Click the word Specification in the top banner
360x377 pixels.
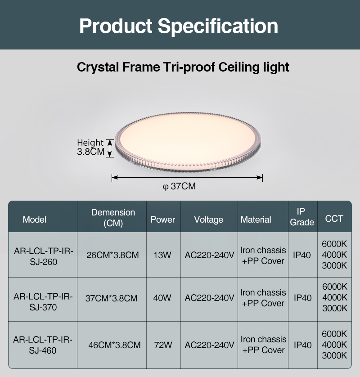pyautogui.click(x=218, y=27)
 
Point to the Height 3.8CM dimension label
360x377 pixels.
pyautogui.click(x=90, y=147)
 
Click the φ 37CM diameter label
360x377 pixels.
pyautogui.click(x=179, y=186)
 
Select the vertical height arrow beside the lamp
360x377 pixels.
pyautogui.click(x=110, y=148)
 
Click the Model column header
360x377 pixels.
pyautogui.click(x=34, y=220)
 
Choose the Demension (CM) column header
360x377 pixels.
pyautogui.click(x=113, y=218)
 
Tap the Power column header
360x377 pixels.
pyautogui.click(x=163, y=220)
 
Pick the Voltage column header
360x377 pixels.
pyautogui.click(x=209, y=220)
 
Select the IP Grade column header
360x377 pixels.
pyautogui.click(x=302, y=217)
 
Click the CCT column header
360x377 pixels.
pyautogui.click(x=334, y=219)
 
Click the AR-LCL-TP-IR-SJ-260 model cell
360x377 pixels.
pyautogui.click(x=44, y=256)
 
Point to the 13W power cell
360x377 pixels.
pyautogui.click(x=162, y=255)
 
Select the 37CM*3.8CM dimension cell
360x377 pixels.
pyautogui.click(x=111, y=298)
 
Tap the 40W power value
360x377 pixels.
pyautogui.click(x=162, y=298)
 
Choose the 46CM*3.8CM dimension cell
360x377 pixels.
pyautogui.click(x=114, y=345)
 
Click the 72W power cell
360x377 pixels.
pyautogui.click(x=163, y=345)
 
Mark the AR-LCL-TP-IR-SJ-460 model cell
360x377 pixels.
pyautogui.click(x=43, y=345)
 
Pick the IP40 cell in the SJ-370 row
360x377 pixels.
pyautogui.click(x=302, y=298)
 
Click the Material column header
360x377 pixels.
pyautogui.click(x=256, y=220)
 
